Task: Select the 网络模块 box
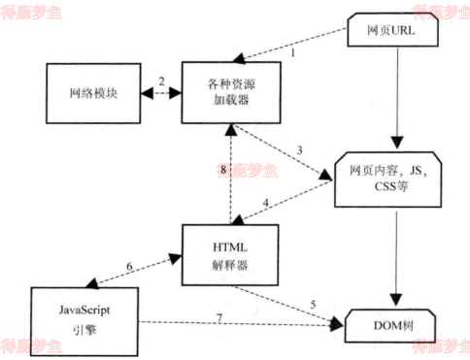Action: [93, 95]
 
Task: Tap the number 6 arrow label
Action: [129, 264]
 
